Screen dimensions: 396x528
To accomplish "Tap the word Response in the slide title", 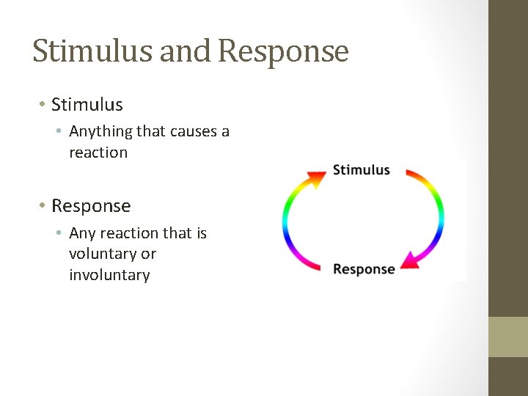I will (x=283, y=51).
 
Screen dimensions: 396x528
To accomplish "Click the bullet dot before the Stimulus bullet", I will (x=43, y=106).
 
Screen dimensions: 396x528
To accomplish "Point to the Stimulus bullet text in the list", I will (x=87, y=105).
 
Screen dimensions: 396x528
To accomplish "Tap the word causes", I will (x=194, y=131).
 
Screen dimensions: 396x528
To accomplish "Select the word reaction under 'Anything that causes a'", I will (x=98, y=153).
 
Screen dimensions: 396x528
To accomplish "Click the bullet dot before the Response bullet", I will (x=43, y=207).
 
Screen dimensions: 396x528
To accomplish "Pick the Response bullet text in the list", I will (x=91, y=206).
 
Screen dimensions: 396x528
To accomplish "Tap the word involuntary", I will (x=109, y=275).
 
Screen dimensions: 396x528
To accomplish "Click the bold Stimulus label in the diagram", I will (x=361, y=170).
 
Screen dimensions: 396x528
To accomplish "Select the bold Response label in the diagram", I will (x=364, y=269).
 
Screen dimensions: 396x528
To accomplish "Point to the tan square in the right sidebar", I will (x=508, y=337).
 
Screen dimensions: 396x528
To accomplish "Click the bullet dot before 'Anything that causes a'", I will (x=62, y=133).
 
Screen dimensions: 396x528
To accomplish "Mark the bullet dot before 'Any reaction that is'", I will (x=62, y=234).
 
